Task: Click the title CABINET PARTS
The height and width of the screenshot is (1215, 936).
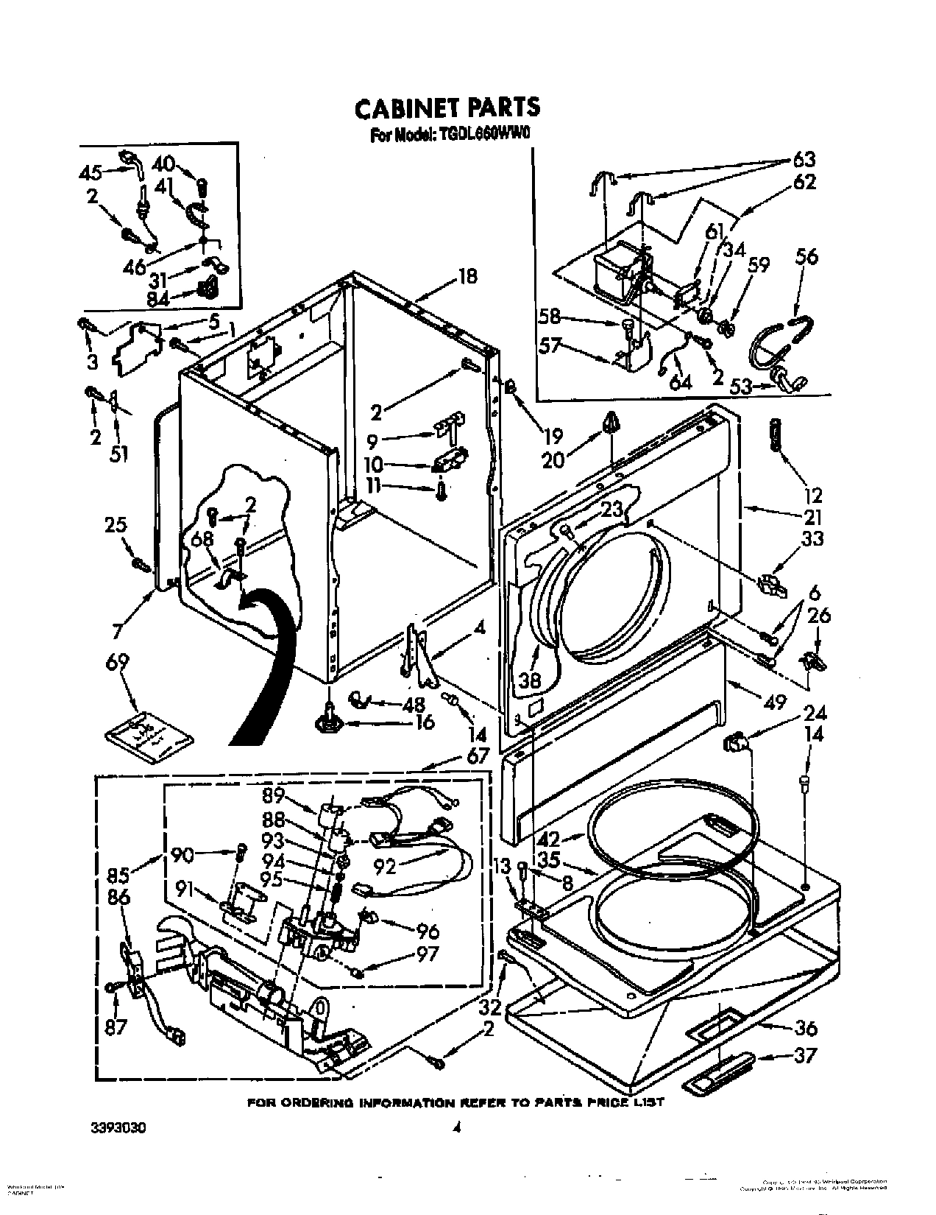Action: [x=447, y=108]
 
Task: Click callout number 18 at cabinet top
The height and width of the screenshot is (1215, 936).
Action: [x=468, y=276]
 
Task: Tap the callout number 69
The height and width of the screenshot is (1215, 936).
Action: [x=117, y=663]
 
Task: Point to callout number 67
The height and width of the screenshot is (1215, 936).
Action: [x=478, y=756]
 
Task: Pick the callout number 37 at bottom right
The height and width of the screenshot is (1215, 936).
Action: [x=806, y=1056]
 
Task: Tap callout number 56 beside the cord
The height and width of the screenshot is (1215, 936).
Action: [x=806, y=257]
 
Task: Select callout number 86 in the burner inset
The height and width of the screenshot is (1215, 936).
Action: [x=118, y=898]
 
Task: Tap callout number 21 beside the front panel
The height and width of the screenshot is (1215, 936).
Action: [x=812, y=516]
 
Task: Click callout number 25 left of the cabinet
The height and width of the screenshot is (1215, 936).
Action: [x=116, y=525]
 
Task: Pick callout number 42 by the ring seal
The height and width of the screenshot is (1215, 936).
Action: [x=549, y=839]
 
